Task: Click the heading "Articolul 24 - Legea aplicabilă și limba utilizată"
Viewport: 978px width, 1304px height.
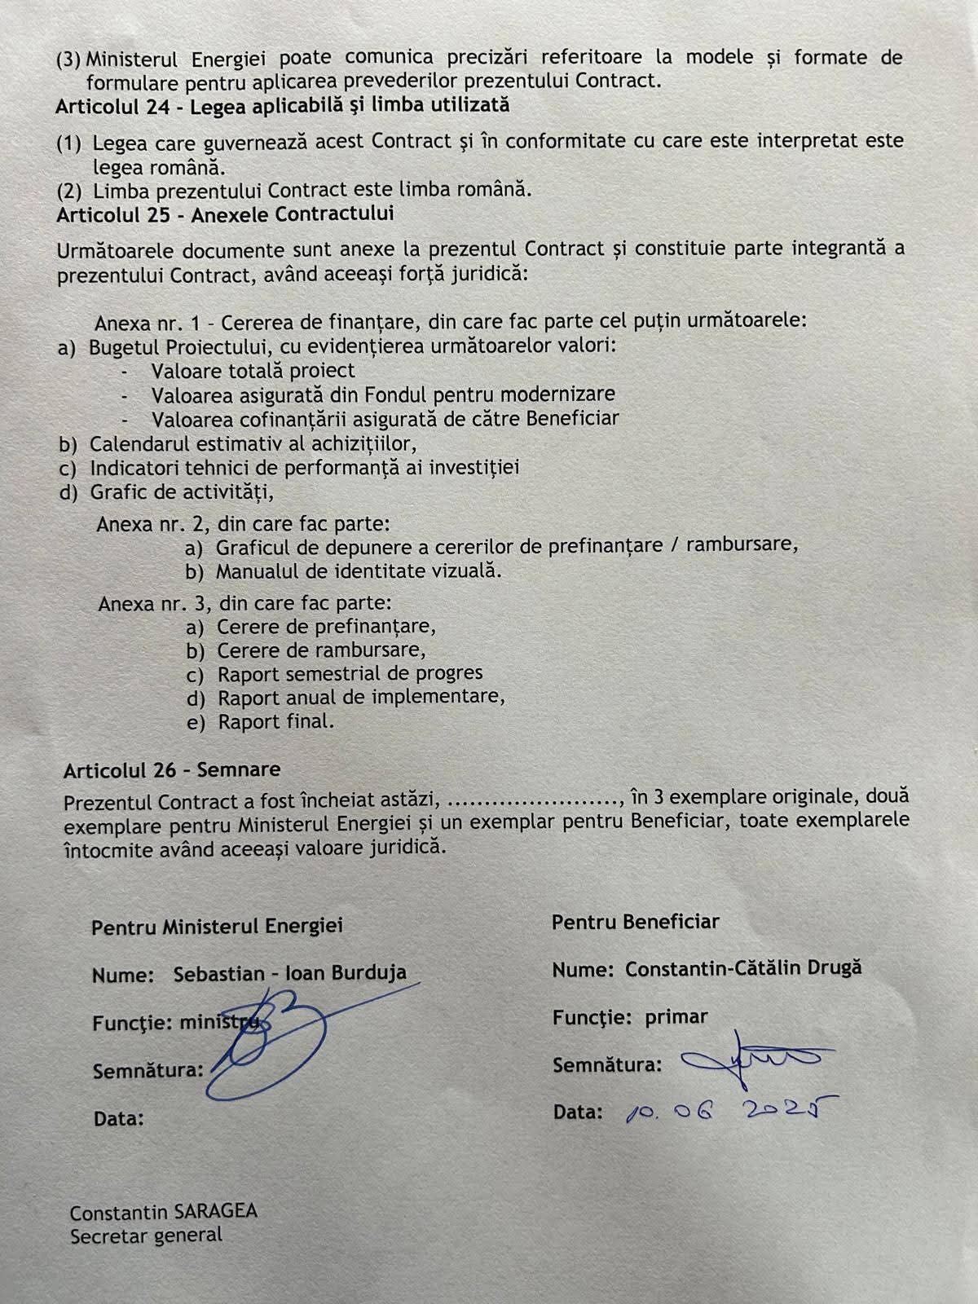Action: click(x=282, y=106)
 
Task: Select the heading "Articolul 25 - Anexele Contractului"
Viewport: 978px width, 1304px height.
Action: click(x=225, y=214)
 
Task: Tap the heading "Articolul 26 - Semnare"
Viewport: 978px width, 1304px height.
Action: click(x=172, y=770)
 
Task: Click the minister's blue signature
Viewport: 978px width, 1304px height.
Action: click(x=269, y=1039)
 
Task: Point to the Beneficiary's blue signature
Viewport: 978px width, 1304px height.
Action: click(x=754, y=1059)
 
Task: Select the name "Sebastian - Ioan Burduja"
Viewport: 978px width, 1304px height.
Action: click(x=289, y=974)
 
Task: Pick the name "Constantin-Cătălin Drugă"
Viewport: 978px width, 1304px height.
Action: click(x=743, y=969)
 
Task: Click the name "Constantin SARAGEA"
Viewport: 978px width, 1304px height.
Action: click(x=164, y=1212)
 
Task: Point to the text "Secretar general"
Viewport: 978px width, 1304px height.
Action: click(x=146, y=1236)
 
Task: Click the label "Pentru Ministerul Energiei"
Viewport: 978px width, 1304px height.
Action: click(x=217, y=927)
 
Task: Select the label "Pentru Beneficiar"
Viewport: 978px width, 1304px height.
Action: click(x=636, y=923)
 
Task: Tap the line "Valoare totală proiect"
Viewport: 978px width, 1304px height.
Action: click(x=253, y=371)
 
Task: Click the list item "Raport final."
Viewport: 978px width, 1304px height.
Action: click(x=275, y=722)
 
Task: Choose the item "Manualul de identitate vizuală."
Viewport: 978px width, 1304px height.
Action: click(x=359, y=571)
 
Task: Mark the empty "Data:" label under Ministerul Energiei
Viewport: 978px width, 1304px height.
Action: click(x=119, y=1119)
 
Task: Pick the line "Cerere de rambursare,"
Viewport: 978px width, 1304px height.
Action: click(x=321, y=651)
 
